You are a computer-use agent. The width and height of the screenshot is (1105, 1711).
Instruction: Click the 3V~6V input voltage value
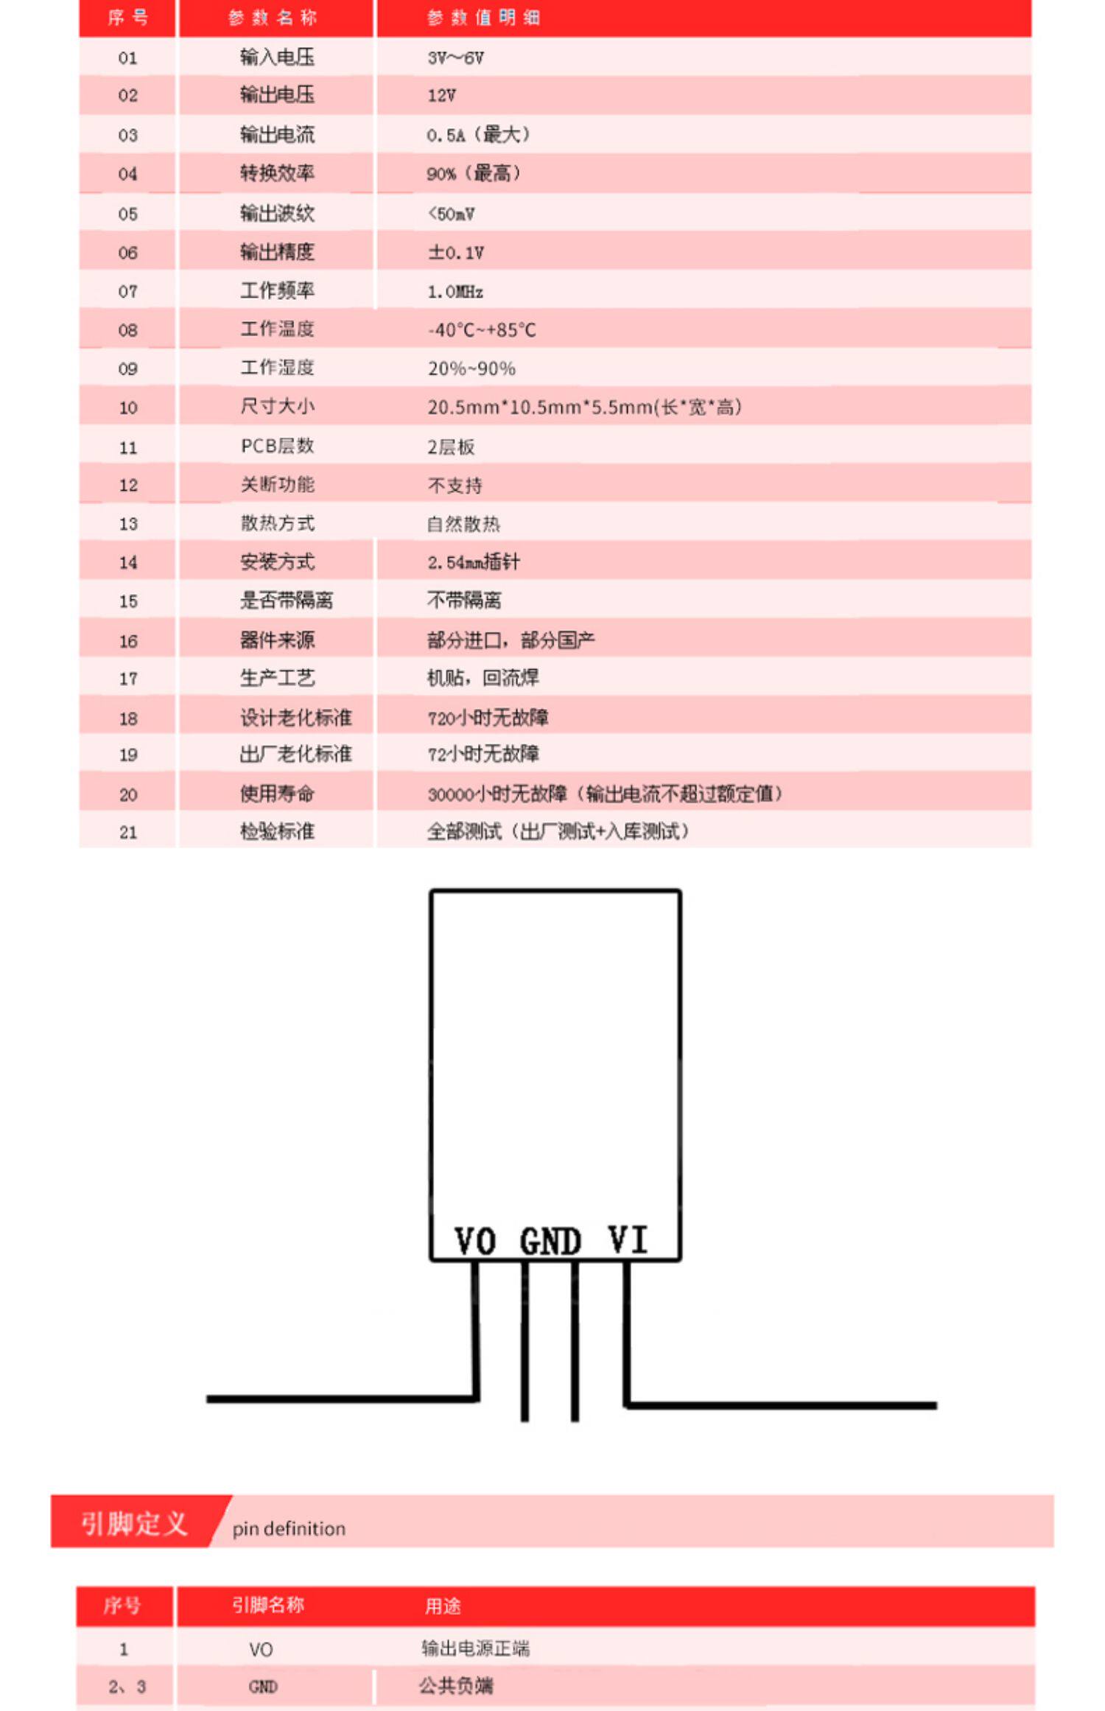[x=455, y=58]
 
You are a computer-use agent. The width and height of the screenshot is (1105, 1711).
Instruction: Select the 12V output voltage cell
[x=441, y=96]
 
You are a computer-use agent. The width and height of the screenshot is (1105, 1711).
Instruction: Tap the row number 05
[x=127, y=214]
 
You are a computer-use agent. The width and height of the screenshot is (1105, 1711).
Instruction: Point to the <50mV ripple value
[x=451, y=214]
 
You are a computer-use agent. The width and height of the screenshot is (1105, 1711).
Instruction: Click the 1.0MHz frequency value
[x=455, y=292]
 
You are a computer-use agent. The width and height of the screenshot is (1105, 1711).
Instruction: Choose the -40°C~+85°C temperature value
[x=482, y=330]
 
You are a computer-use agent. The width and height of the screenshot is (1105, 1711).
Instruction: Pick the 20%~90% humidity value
[x=471, y=368]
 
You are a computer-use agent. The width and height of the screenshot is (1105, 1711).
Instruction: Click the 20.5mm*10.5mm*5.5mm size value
[x=584, y=407]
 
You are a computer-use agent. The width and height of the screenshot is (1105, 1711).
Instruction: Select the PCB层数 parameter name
[x=277, y=447]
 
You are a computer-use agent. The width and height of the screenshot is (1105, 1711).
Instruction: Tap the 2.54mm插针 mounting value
[x=474, y=563]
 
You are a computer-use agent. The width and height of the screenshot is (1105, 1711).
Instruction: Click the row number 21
[x=127, y=833]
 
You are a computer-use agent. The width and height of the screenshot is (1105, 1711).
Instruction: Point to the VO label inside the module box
[x=475, y=1242]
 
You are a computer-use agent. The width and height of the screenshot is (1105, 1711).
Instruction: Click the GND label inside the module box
[x=550, y=1242]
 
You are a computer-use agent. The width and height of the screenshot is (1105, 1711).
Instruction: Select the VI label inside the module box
[x=628, y=1239]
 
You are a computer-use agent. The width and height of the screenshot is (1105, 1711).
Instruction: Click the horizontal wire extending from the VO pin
[x=339, y=1399]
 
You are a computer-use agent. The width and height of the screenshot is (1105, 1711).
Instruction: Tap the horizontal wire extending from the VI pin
[x=781, y=1406]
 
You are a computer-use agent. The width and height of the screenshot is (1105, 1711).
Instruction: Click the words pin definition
[x=289, y=1529]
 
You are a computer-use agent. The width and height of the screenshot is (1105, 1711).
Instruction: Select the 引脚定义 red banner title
[x=134, y=1523]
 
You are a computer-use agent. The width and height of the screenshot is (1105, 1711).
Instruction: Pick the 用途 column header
[x=443, y=1606]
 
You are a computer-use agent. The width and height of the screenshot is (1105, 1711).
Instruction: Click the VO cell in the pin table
[x=261, y=1650]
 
